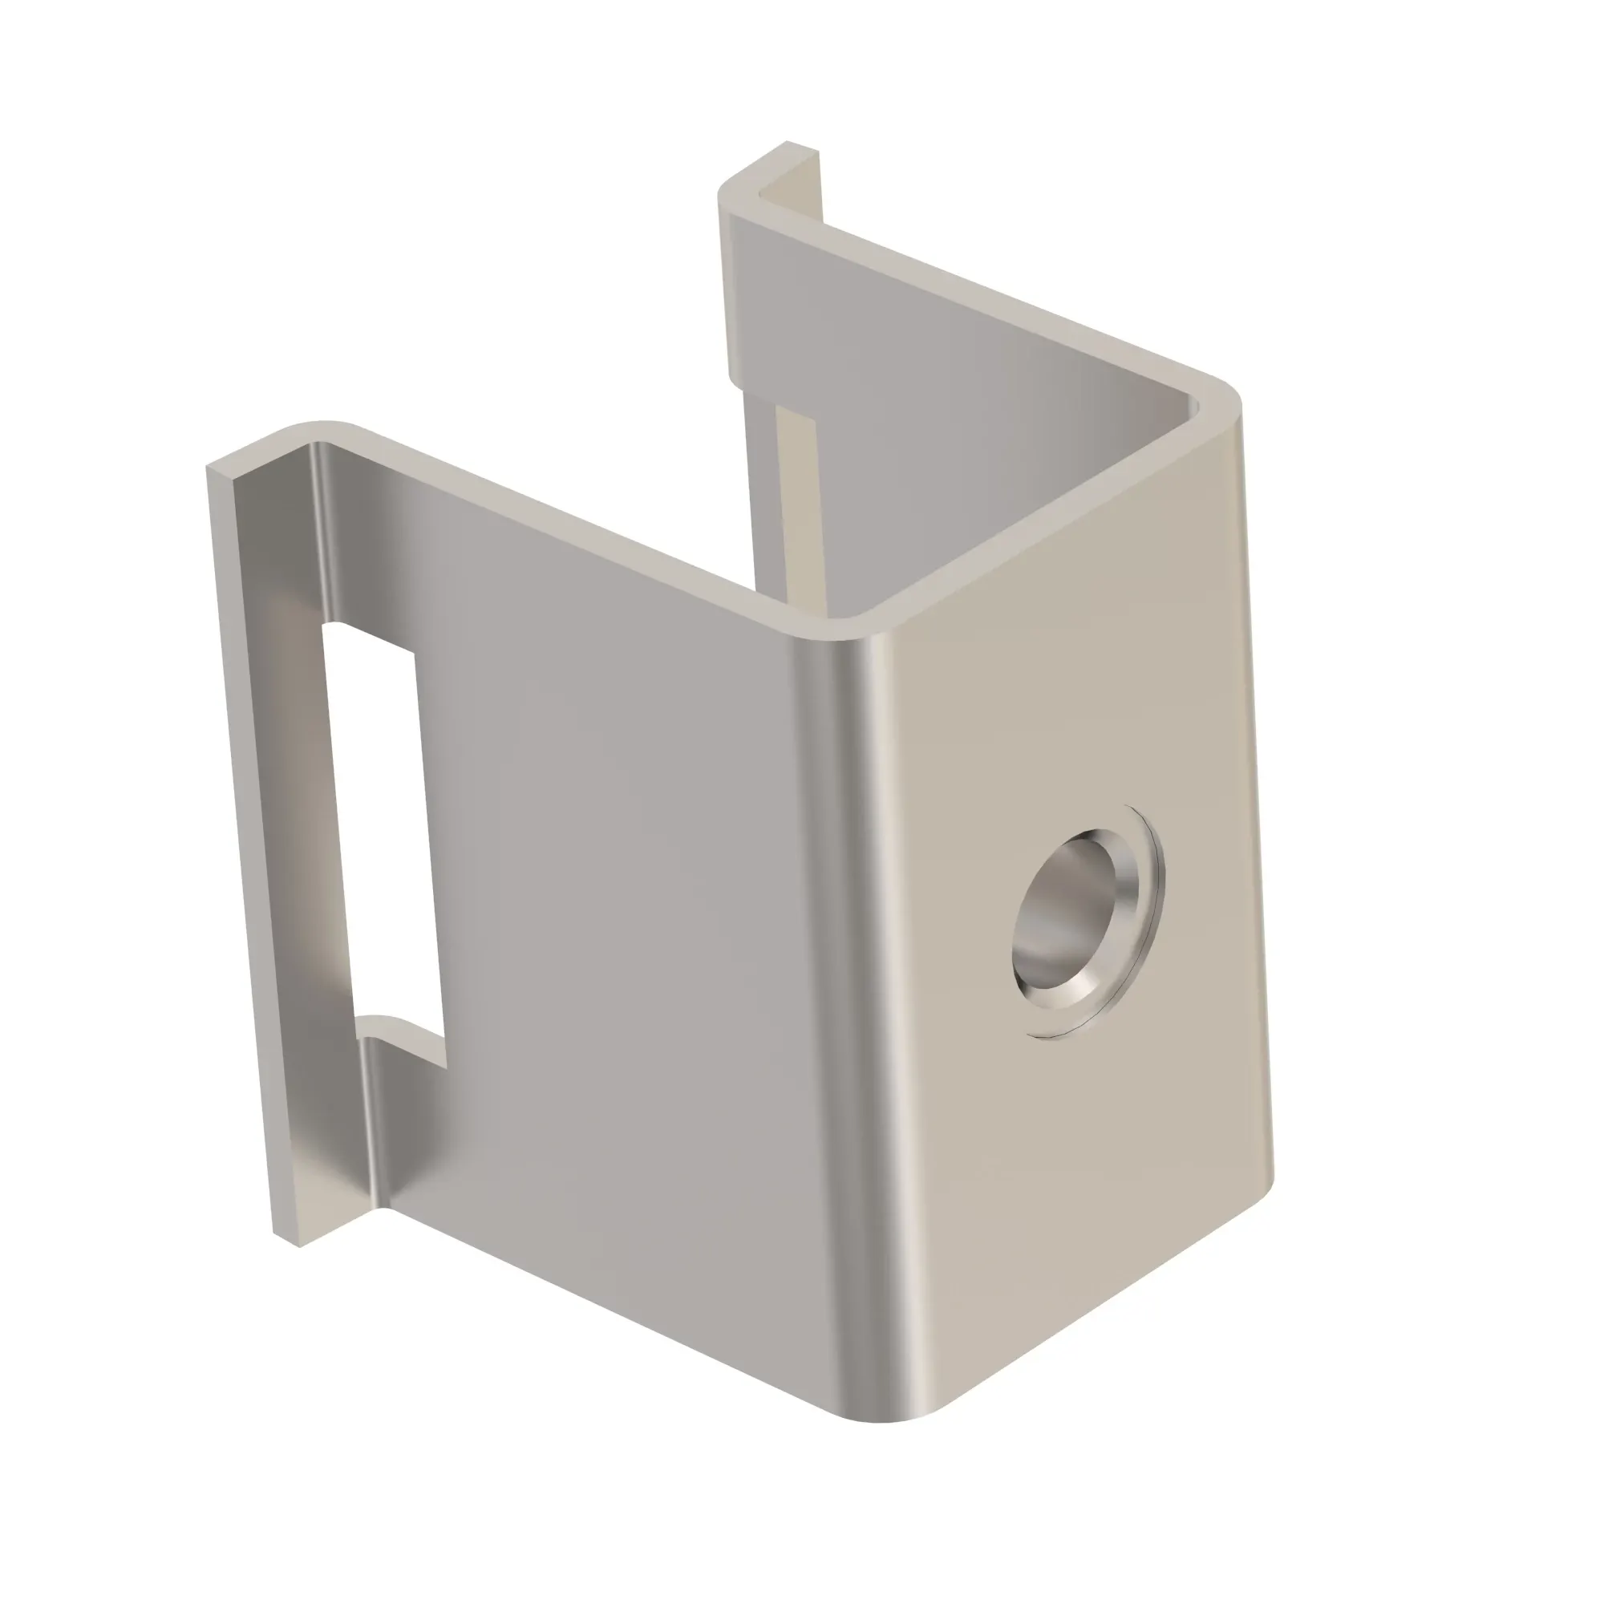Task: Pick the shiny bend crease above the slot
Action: (x=324, y=532)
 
